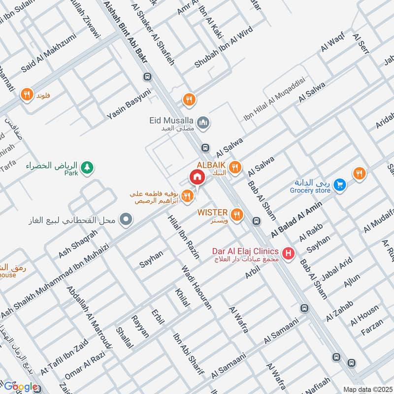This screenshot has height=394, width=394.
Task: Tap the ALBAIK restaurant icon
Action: (x=235, y=167)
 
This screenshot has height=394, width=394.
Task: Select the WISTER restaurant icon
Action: (x=237, y=215)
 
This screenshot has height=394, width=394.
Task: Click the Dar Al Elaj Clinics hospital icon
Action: (x=289, y=254)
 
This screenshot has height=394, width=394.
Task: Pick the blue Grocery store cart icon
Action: (x=339, y=185)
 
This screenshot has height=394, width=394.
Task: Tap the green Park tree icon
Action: (x=87, y=168)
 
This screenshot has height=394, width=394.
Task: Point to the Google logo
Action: (x=21, y=387)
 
